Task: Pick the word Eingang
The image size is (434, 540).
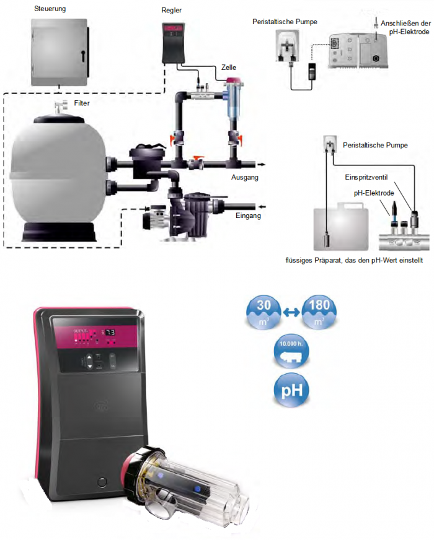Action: [x=247, y=216]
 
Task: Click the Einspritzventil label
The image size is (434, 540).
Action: [x=365, y=177]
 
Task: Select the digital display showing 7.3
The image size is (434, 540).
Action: [x=108, y=333]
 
